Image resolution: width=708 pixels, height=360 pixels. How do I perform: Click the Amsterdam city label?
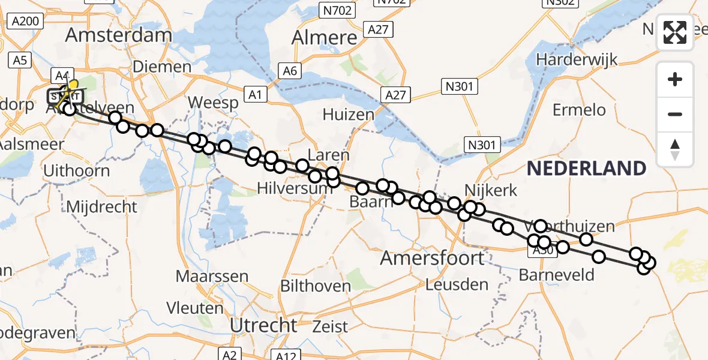tap(118, 35)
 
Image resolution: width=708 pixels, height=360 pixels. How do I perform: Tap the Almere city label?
tap(324, 37)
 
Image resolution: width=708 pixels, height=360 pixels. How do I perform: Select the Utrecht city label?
tap(263, 326)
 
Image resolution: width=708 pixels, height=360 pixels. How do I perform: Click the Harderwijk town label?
tap(577, 60)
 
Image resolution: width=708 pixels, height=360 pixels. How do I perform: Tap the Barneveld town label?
tap(556, 275)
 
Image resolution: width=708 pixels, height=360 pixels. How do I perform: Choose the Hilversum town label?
tap(294, 188)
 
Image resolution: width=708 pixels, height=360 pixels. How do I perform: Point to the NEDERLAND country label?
tap(586, 169)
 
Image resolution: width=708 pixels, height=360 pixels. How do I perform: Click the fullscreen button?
tap(675, 32)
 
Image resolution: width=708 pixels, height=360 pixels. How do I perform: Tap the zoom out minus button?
tap(675, 114)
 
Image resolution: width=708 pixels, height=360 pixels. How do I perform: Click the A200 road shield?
tap(25, 22)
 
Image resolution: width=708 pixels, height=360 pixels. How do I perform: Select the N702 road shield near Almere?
tap(337, 10)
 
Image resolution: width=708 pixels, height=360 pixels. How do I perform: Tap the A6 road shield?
tap(290, 71)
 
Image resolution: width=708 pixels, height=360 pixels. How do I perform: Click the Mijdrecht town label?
tap(101, 207)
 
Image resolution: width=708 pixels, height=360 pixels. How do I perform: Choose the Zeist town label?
tap(331, 327)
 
